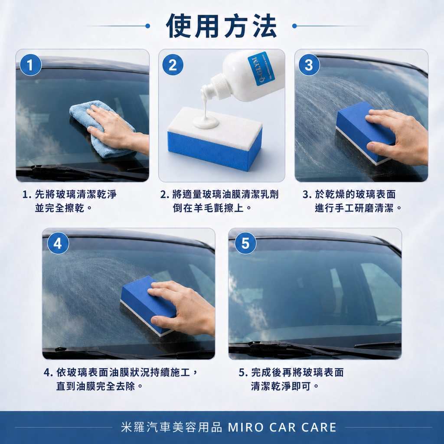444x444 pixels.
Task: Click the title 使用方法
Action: click(x=222, y=26)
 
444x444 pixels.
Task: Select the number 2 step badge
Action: click(x=173, y=65)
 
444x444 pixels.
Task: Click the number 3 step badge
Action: click(x=309, y=65)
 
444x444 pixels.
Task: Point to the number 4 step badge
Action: click(x=58, y=244)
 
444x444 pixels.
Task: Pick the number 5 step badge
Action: click(x=245, y=244)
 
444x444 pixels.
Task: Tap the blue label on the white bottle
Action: click(x=261, y=69)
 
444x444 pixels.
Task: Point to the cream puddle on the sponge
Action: click(x=206, y=123)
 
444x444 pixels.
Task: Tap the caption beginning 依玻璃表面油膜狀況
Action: click(x=121, y=379)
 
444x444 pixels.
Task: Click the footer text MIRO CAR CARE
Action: click(x=282, y=427)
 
